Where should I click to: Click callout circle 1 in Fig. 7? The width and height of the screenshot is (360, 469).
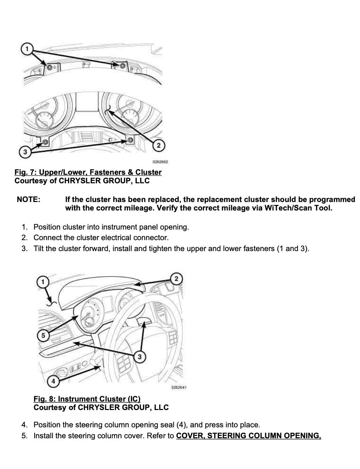tap(27, 48)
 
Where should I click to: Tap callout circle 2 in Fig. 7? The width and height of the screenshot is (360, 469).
tap(158, 145)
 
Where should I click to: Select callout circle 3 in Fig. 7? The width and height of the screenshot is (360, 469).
tap(25, 152)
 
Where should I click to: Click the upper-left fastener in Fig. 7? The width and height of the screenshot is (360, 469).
tap(49, 67)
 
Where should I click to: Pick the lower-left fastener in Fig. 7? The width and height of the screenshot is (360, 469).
tap(46, 142)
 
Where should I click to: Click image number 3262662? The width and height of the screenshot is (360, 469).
tap(160, 162)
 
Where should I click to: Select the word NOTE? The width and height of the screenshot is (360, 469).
tap(29, 200)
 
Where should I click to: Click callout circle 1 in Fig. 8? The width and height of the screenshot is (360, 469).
tap(43, 281)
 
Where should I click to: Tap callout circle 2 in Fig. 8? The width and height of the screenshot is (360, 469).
tap(176, 279)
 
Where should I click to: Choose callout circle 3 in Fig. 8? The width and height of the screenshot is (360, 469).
tap(140, 357)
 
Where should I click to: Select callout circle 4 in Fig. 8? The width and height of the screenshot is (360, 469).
tap(53, 381)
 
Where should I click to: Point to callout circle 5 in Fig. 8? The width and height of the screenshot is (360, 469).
tap(43, 336)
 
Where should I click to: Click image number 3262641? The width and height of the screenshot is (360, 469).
tap(179, 387)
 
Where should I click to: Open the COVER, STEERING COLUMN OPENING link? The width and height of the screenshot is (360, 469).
tap(248, 436)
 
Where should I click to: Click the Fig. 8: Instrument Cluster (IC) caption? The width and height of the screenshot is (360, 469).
tap(87, 399)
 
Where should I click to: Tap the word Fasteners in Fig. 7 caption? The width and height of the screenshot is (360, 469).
tap(105, 172)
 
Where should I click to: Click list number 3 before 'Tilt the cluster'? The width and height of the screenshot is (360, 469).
tap(24, 249)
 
